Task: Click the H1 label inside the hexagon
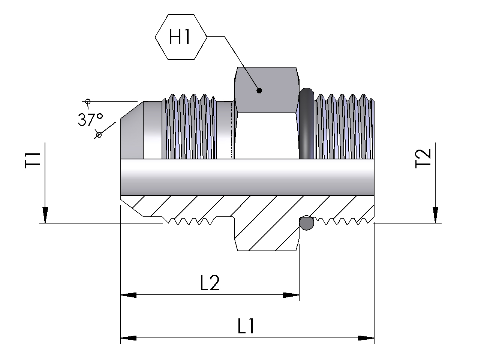click(x=180, y=37)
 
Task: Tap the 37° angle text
click(x=90, y=120)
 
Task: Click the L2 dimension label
click(x=210, y=283)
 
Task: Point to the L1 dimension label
click(x=246, y=327)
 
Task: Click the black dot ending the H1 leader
click(x=259, y=90)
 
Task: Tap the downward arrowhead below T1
click(x=45, y=215)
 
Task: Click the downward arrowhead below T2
click(x=436, y=215)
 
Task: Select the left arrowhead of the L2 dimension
click(x=128, y=295)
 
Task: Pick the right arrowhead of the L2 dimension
click(x=291, y=295)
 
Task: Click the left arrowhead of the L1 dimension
click(x=128, y=338)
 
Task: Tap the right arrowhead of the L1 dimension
click(x=366, y=338)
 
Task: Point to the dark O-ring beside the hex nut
click(x=306, y=124)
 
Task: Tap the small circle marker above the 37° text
click(x=88, y=101)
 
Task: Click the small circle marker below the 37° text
click(x=99, y=134)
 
